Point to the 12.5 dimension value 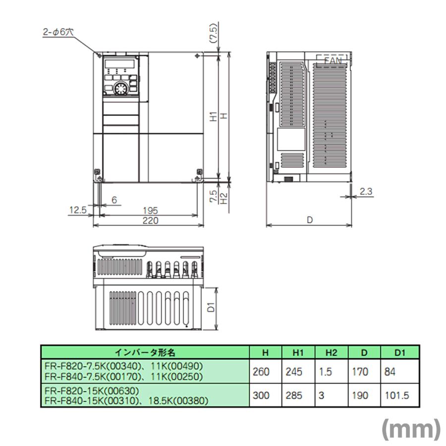(77, 210)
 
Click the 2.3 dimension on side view (366, 191)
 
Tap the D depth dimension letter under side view (310, 221)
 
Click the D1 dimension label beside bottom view (210, 308)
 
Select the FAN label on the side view (333, 60)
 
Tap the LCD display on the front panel (119, 64)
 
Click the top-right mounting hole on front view (198, 56)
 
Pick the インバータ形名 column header (145, 352)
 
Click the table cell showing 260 (261, 372)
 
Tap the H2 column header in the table (331, 352)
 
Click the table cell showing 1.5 (326, 372)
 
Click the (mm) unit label (411, 429)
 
